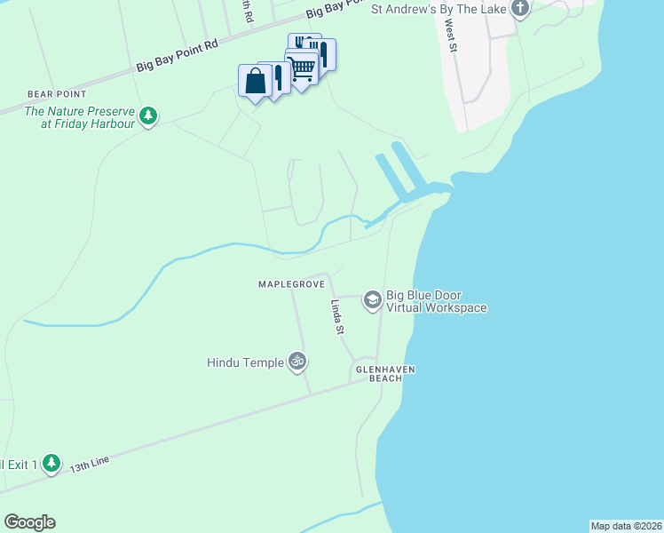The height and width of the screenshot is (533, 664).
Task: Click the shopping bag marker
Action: [x=254, y=82]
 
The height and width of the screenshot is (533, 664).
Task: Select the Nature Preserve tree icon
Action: [x=149, y=116]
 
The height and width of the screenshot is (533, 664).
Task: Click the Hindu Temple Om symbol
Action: [x=298, y=362]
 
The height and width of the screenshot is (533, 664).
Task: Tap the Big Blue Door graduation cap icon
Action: [x=372, y=301]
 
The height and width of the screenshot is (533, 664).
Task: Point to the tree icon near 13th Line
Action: [x=51, y=464]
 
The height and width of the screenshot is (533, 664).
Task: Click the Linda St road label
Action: [x=337, y=317]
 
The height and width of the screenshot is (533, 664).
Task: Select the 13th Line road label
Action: [x=90, y=463]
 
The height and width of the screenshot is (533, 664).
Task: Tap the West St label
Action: [x=450, y=37]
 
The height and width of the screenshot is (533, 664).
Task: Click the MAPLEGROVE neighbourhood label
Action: [x=289, y=284]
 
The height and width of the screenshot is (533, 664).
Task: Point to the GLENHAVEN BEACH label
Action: [x=385, y=374]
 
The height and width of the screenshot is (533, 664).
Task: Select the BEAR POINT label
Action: [x=56, y=93]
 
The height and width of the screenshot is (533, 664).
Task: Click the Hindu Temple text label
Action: [x=245, y=362]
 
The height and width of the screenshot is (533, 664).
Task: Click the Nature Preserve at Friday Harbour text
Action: [x=80, y=117]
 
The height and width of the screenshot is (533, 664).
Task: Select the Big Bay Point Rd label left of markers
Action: [x=178, y=56]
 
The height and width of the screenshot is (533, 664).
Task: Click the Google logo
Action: [x=29, y=522]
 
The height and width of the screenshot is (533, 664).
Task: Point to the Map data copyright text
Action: [x=626, y=526]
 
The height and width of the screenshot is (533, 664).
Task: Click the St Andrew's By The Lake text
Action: [x=439, y=10]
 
